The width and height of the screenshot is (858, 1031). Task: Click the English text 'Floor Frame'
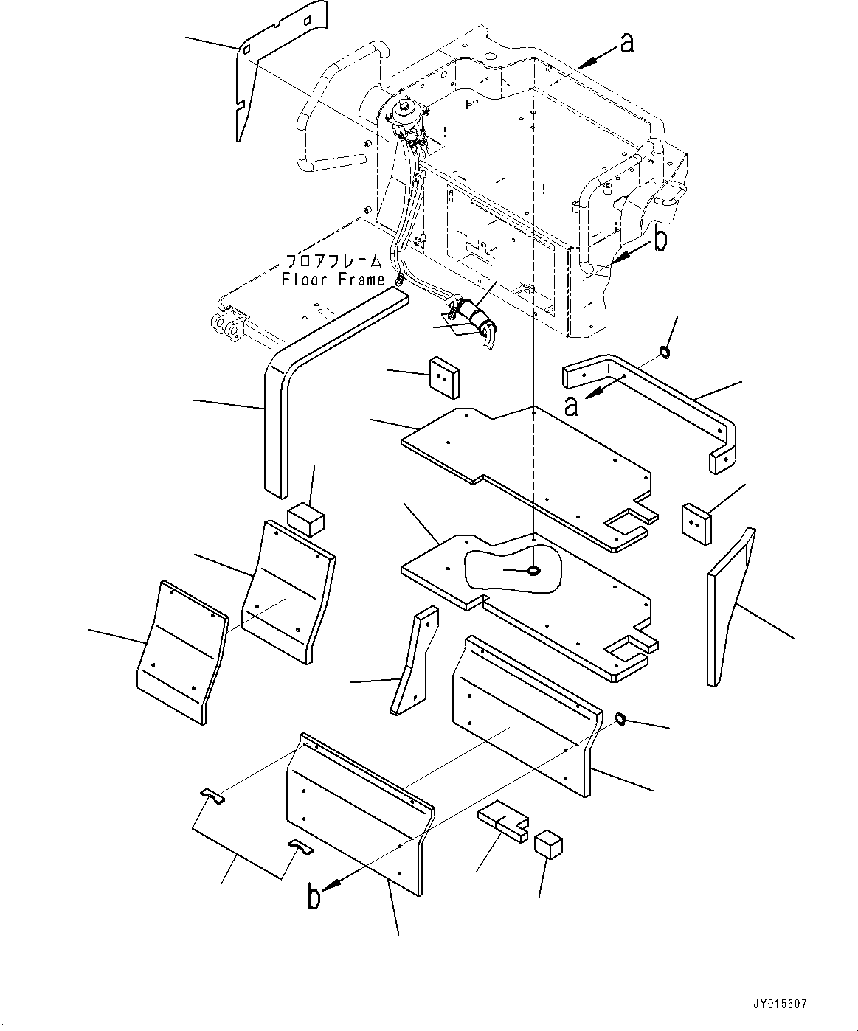(x=333, y=280)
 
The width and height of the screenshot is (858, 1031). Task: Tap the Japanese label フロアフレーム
(x=333, y=261)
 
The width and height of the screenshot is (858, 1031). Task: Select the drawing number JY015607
(x=781, y=1004)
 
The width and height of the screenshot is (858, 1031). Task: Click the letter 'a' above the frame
(x=626, y=44)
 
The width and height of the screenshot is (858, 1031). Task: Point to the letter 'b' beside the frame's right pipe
(x=661, y=240)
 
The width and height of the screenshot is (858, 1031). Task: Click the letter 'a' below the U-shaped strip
(x=571, y=404)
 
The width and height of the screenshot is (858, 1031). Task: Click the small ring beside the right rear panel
(x=620, y=718)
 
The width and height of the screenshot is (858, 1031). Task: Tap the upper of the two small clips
(x=214, y=795)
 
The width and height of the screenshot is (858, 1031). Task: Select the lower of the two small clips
(x=300, y=847)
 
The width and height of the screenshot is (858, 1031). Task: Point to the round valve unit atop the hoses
(x=404, y=112)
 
